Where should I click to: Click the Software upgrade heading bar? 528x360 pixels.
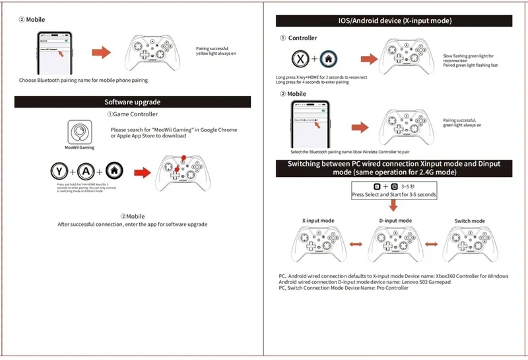click(x=133, y=102)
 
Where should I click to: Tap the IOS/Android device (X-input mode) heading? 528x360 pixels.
click(x=395, y=21)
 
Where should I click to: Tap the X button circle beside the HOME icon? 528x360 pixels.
click(x=301, y=59)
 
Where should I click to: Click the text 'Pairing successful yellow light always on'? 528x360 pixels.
click(x=216, y=51)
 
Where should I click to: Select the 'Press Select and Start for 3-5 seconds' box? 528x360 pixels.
click(x=394, y=191)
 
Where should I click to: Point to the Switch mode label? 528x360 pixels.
click(x=470, y=221)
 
